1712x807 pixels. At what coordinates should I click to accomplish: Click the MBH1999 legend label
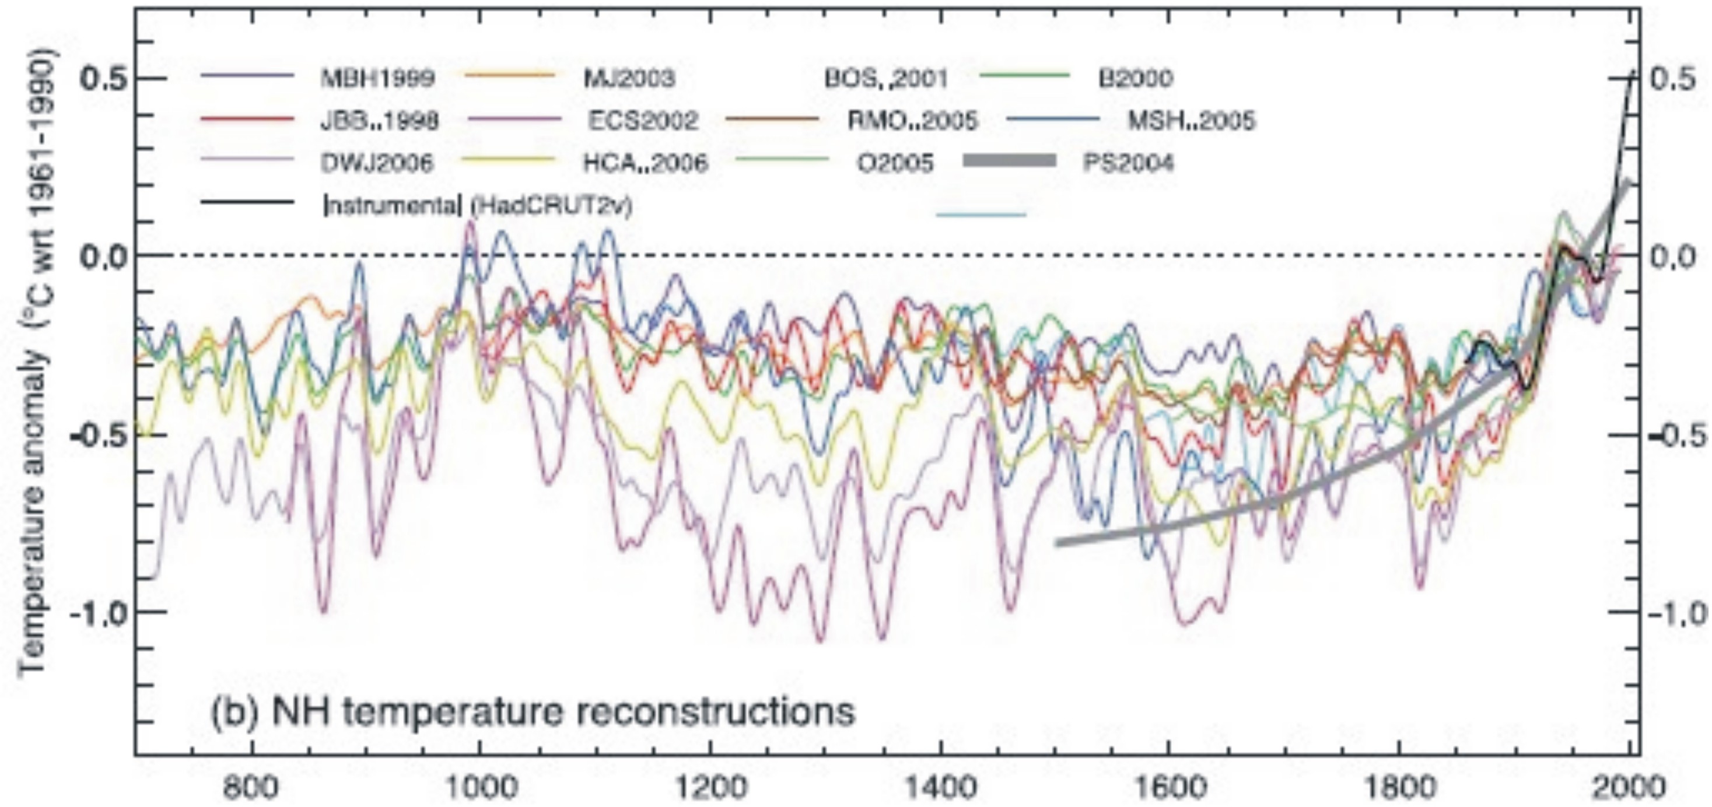click(377, 78)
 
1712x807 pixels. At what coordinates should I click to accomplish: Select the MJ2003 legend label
click(629, 78)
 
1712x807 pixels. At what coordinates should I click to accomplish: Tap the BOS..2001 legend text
click(886, 78)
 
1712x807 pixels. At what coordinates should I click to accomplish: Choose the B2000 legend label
click(1135, 78)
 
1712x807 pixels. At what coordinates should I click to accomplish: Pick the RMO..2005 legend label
click(912, 121)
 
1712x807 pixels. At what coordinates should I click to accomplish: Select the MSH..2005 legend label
click(1191, 121)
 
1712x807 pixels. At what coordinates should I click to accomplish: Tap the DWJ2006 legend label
click(377, 163)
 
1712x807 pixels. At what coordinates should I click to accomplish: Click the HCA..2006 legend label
click(645, 163)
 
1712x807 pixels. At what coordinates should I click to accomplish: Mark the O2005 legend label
click(895, 163)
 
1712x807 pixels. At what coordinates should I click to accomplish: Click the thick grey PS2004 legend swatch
click(1009, 160)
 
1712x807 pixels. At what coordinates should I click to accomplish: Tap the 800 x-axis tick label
click(251, 788)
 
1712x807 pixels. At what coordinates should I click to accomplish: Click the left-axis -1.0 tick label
click(97, 611)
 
